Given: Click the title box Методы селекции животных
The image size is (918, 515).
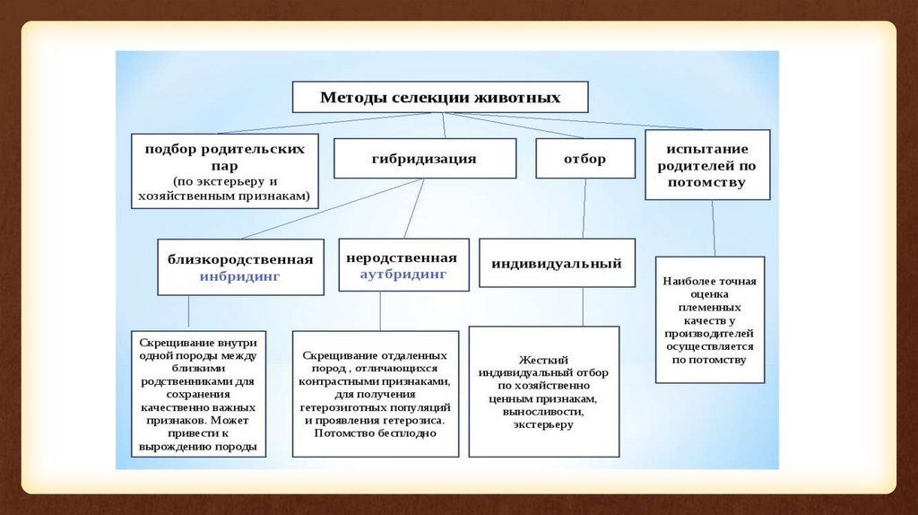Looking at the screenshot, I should coord(440,97).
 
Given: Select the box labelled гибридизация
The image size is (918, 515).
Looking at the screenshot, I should coord(425,158).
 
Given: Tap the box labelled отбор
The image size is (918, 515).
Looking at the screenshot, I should coord(585,158).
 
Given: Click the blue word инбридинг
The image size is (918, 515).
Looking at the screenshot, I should coord(240,277).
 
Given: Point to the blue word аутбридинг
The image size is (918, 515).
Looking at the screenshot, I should coord(403,273).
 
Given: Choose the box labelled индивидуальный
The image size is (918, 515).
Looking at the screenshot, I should coord(557,264).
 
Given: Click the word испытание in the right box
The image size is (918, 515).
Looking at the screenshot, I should coord(707,147).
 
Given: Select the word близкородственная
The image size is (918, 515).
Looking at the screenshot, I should coord(240,259).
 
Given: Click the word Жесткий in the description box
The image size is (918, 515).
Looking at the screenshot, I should coord(543,358).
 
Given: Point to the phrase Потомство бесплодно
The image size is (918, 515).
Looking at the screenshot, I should coord(375,432).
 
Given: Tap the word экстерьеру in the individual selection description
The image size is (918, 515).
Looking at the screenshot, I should coord(543,424).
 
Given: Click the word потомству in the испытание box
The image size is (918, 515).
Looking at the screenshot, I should coord(707,182).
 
